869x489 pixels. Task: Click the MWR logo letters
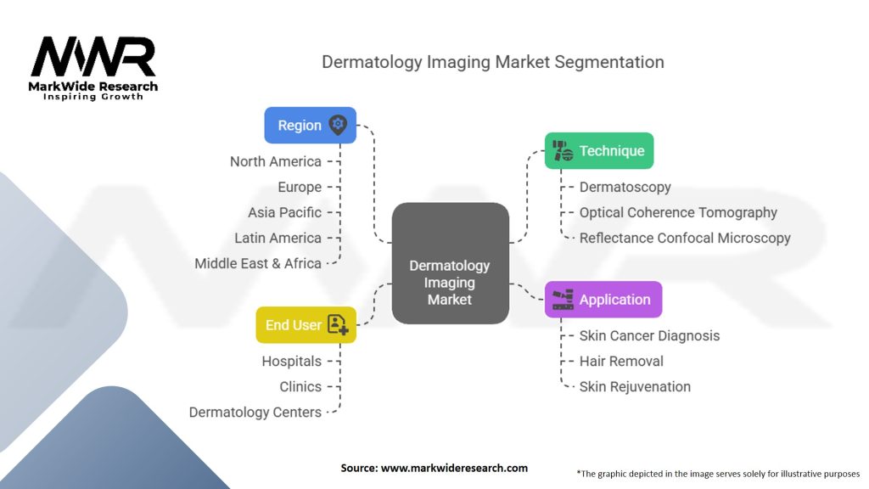click(x=93, y=58)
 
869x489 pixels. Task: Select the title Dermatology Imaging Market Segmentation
click(x=492, y=62)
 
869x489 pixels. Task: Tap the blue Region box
click(x=310, y=125)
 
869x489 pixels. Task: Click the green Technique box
click(x=598, y=151)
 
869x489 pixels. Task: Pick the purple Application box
click(x=603, y=300)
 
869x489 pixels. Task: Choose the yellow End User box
click(x=306, y=325)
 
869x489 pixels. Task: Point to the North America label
click(x=276, y=161)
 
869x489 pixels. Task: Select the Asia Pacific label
click(x=284, y=212)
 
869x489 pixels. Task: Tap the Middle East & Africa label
click(x=258, y=263)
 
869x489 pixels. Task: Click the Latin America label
click(x=278, y=238)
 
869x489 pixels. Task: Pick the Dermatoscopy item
click(x=625, y=187)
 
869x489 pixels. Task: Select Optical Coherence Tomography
click(x=678, y=212)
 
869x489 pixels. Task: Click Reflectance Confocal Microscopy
click(x=685, y=238)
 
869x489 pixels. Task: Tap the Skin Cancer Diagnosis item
click(x=649, y=335)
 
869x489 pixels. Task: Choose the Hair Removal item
click(x=621, y=361)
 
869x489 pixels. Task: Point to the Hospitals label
click(x=291, y=361)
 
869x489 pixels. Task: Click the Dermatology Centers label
click(x=255, y=412)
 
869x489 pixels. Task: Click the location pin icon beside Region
click(x=338, y=125)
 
